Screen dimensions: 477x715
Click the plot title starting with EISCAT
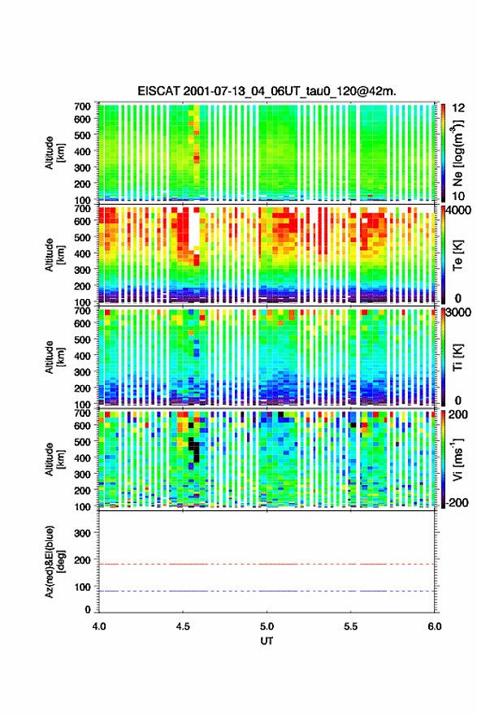pos(267,91)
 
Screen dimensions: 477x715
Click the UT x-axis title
pos(267,641)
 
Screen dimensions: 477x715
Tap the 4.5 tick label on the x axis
pos(183,626)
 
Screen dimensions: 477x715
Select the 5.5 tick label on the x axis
pos(351,626)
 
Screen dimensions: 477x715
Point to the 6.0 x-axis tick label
pos(435,626)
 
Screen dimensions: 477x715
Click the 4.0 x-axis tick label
pos(99,626)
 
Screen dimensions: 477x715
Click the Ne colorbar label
pos(457,154)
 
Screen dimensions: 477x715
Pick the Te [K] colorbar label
pos(457,255)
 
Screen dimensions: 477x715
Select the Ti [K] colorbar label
pos(457,357)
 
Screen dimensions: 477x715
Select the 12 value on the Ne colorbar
pos(458,108)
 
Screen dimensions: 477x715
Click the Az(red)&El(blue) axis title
pos(54,561)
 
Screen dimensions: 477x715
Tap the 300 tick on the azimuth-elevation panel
pos(83,533)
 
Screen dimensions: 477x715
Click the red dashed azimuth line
pos(267,564)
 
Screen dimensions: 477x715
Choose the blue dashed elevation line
pos(267,591)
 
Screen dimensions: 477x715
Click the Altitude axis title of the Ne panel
pos(54,153)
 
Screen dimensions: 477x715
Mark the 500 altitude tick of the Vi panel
pos(83,441)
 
